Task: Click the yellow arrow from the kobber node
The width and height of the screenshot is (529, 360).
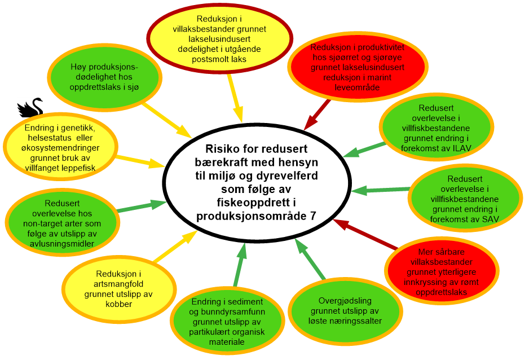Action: (x=176, y=248)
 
